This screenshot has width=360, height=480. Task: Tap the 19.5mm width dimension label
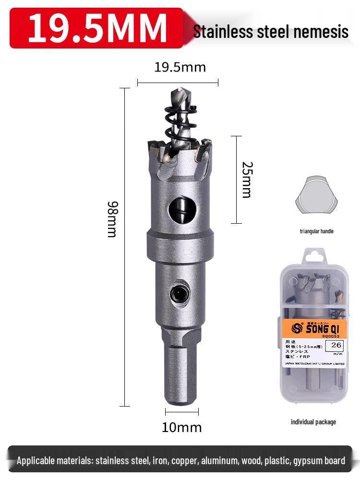coord(180,67)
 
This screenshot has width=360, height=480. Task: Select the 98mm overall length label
coord(112,219)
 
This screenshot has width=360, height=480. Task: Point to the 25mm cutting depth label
coord(247,180)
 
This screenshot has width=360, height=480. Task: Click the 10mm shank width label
coord(181,427)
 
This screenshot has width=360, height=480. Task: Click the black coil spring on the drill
coord(178,125)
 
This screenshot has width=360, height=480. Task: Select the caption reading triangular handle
coord(316,231)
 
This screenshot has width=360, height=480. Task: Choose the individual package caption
coord(313,422)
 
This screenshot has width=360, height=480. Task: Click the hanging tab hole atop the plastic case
coord(314,257)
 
